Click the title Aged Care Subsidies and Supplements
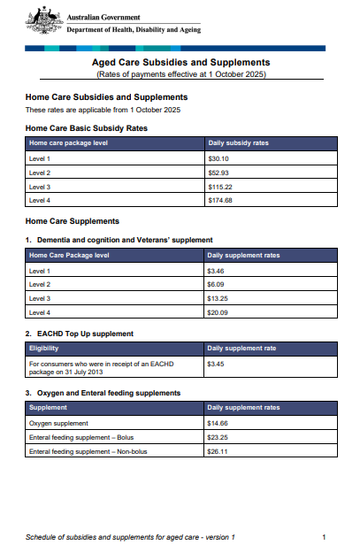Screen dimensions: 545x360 point(180,63)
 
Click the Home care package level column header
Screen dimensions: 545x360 point(69,142)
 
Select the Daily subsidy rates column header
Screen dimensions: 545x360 point(237,142)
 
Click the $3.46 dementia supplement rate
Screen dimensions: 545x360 point(216,270)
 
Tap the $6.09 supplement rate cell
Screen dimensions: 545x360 point(216,284)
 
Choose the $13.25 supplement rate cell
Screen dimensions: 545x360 point(218,298)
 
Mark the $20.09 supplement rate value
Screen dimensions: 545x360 point(218,312)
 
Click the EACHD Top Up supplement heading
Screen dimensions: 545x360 point(83,334)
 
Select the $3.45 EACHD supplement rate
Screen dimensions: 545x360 point(216,363)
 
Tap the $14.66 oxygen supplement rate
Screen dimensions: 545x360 point(218,423)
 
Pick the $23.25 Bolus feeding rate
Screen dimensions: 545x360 point(218,437)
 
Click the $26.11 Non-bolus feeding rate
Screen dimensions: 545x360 point(218,451)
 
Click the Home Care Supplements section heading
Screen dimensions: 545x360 point(73,220)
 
